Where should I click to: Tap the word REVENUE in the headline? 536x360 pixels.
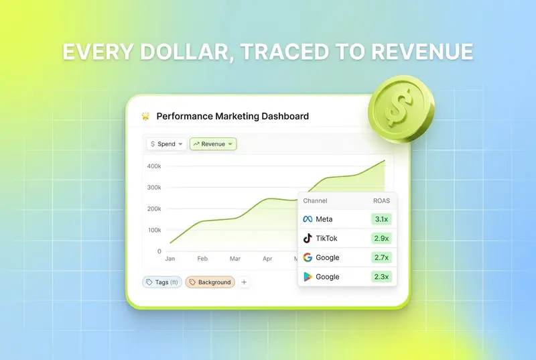tap(422, 52)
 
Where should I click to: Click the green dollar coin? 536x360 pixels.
tap(401, 109)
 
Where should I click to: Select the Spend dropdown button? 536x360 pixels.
tap(166, 144)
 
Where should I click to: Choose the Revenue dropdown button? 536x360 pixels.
tap(213, 144)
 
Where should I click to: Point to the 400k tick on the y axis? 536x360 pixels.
tap(154, 166)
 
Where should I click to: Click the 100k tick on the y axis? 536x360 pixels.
tap(155, 230)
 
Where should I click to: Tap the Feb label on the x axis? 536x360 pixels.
tap(202, 259)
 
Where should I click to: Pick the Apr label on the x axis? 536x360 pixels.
tap(267, 259)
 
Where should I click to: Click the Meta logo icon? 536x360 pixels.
tap(308, 219)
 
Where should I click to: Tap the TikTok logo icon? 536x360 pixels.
tap(308, 238)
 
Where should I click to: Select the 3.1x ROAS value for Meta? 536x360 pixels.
tap(381, 219)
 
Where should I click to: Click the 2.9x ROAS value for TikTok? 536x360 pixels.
tap(381, 238)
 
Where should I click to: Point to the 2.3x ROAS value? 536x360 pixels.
tap(381, 277)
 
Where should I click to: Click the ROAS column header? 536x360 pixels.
tap(381, 200)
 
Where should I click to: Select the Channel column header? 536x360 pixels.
tap(315, 200)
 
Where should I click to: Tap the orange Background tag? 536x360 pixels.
tap(210, 282)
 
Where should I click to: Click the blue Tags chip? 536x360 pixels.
tap(162, 282)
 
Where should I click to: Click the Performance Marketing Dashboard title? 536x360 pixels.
tap(232, 116)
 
